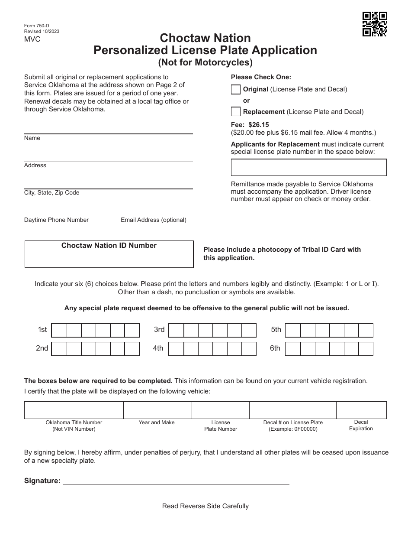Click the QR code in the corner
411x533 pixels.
(374, 24)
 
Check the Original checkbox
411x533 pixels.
(236, 89)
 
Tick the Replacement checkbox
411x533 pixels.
(236, 112)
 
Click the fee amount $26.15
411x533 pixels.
(259, 125)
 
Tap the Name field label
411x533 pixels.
(32, 138)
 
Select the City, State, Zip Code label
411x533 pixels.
(51, 193)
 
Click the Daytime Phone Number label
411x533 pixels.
(56, 220)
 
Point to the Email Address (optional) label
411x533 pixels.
(154, 220)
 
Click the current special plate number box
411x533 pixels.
(308, 167)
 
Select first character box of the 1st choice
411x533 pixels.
(59, 330)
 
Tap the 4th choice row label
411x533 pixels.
(158, 348)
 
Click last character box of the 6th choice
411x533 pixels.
(366, 349)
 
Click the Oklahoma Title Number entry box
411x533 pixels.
(74, 409)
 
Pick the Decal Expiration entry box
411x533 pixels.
(361, 409)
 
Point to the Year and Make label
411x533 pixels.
(157, 422)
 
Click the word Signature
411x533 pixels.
(42, 481)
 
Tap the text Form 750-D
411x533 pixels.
(37, 26)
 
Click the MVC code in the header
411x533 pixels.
(32, 39)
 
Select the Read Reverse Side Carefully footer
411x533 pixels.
(205, 506)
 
